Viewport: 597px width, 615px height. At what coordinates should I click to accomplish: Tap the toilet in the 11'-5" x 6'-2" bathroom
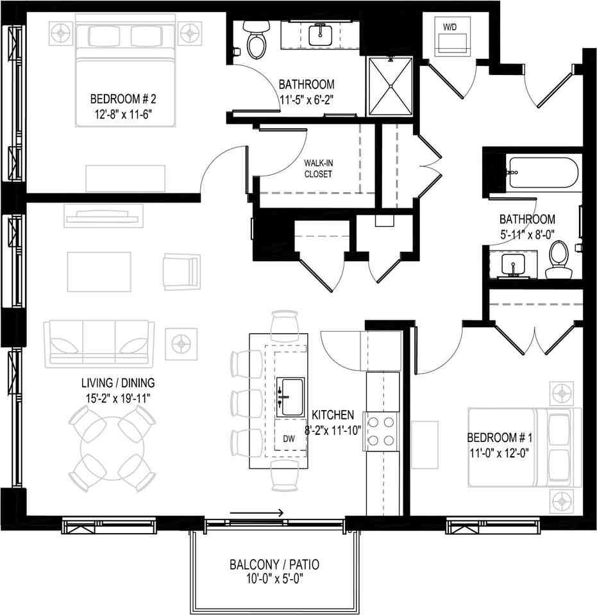[x=256, y=41]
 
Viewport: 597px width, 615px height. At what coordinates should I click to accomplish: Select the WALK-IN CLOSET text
[x=318, y=168]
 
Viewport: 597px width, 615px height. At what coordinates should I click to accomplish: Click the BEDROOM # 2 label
[x=123, y=99]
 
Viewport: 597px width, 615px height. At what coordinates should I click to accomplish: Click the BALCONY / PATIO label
[x=274, y=565]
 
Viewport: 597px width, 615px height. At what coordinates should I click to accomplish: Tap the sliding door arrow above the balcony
[x=256, y=512]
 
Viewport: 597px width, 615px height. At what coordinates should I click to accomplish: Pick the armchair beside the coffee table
[x=181, y=271]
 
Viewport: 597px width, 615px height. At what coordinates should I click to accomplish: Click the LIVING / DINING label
[x=118, y=384]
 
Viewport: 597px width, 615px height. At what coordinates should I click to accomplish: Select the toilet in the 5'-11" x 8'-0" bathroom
[x=560, y=260]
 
